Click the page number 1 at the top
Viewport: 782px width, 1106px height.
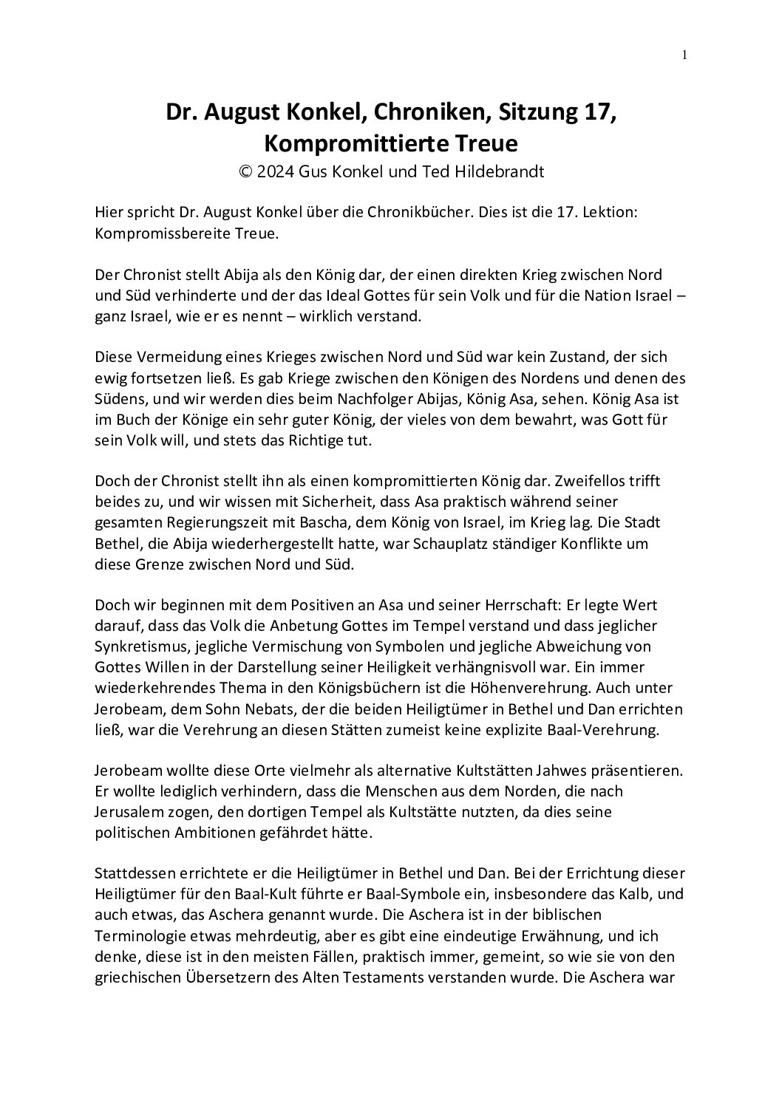tap(684, 54)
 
